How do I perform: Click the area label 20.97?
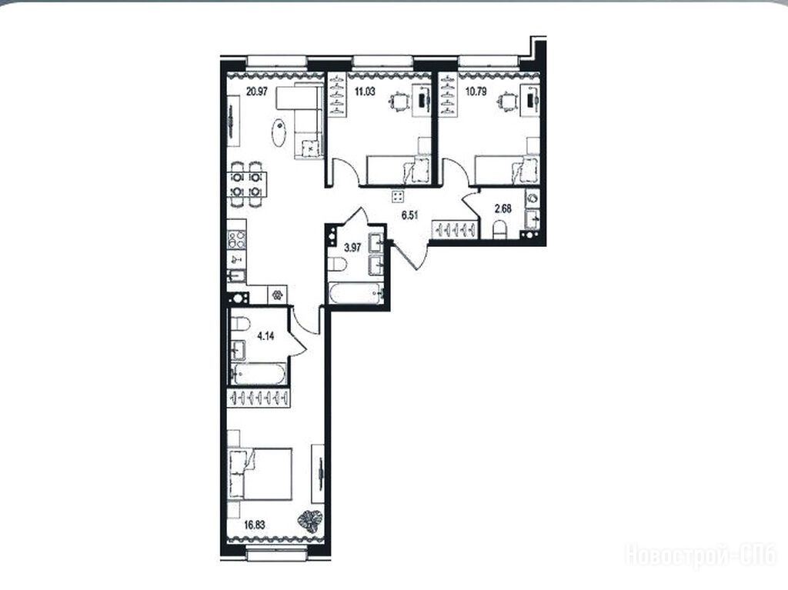pos(256,92)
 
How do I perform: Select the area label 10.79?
pos(476,92)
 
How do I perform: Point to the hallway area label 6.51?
pos(409,215)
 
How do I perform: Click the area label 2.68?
pos(503,208)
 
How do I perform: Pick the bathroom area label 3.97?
pos(352,247)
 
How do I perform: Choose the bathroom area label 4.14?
pos(265,336)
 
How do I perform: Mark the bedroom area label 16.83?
pos(254,525)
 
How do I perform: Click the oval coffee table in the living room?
pos(279,132)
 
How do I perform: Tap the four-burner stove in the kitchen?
pos(237,240)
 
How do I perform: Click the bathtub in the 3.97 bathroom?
pos(355,293)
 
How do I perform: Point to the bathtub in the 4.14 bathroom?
pos(259,373)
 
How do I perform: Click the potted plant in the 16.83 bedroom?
pos(309,521)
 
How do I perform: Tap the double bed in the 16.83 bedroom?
pos(260,474)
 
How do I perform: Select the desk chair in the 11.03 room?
pos(400,102)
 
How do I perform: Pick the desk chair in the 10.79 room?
pos(508,102)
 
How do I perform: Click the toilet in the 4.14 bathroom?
pos(240,324)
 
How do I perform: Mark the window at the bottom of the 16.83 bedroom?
pos(276,555)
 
